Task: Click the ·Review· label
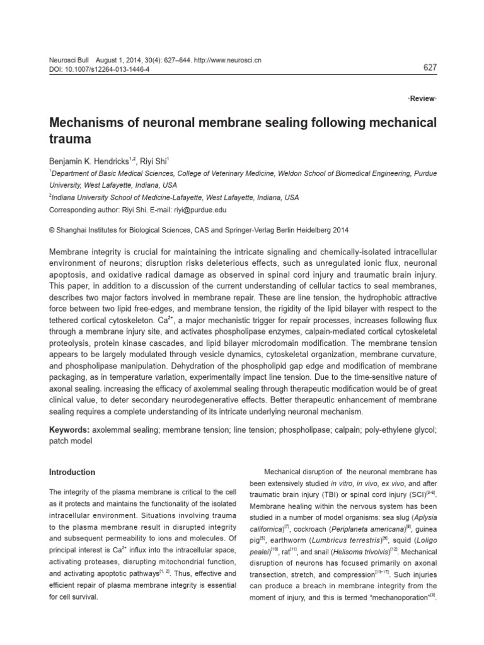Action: pos(423,100)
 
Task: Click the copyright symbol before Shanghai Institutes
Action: pos(52,231)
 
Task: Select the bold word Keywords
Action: pos(69,430)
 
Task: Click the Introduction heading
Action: pos(72,472)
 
